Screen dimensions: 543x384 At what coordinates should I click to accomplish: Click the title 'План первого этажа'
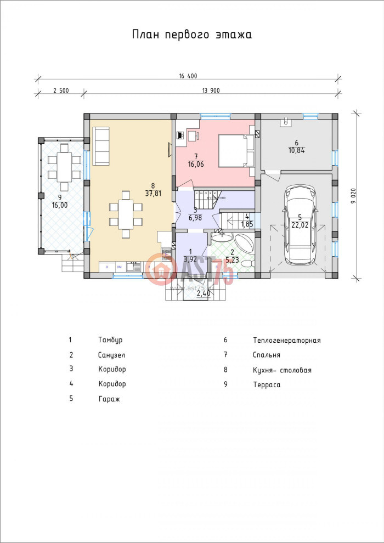[x=191, y=35]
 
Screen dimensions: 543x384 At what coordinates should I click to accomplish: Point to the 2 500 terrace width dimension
[x=60, y=91]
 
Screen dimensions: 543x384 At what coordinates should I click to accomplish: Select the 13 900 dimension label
[x=211, y=91]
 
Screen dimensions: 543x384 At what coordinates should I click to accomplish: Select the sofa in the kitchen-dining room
[x=101, y=146]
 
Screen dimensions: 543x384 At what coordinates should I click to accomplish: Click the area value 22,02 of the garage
[x=300, y=224]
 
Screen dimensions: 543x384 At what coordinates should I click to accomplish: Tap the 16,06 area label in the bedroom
[x=195, y=163]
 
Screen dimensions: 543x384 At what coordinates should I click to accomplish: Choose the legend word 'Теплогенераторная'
[x=286, y=341]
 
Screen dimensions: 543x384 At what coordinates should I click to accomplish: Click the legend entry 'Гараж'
[x=109, y=399]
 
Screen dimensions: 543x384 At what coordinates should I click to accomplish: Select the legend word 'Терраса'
[x=267, y=385]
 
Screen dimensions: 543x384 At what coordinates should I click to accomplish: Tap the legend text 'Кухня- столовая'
[x=282, y=370]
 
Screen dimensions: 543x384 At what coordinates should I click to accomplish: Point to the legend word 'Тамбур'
[x=110, y=340]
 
